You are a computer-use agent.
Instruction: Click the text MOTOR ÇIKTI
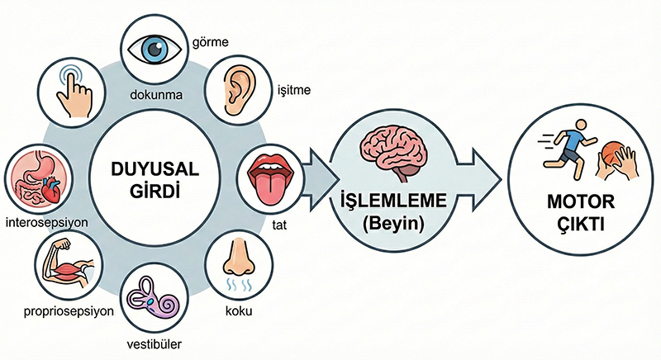(574, 212)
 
